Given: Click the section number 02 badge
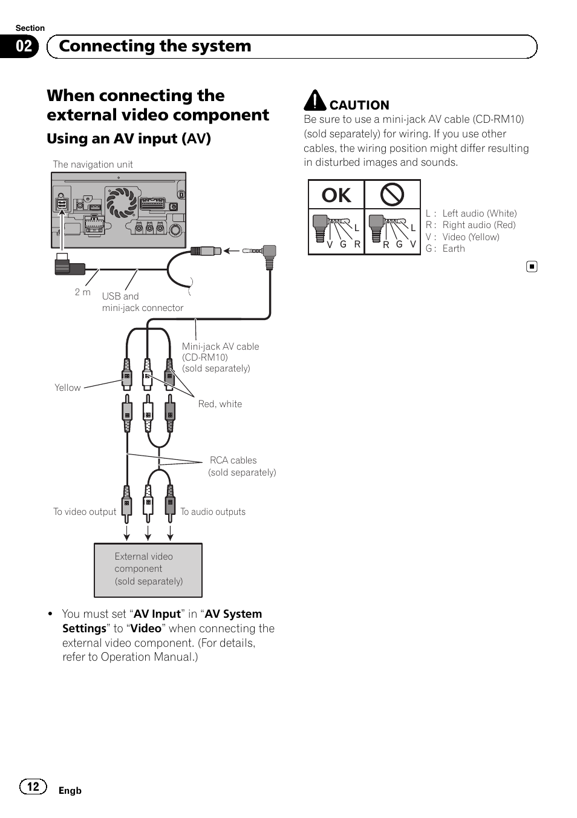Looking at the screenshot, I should (24, 47).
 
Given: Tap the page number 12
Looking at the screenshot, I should (33, 786).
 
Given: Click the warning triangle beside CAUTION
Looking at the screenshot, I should (315, 100).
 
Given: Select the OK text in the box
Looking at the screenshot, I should (336, 195).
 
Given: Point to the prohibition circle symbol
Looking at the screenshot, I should (392, 195).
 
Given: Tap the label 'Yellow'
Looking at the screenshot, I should (67, 388).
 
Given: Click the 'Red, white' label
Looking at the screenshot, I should (220, 404).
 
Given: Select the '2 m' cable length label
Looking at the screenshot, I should (83, 292).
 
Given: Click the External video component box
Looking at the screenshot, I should (148, 569).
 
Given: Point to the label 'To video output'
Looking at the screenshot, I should (85, 512).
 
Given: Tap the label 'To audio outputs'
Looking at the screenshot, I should (213, 512).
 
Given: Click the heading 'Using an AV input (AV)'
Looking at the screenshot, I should (129, 139).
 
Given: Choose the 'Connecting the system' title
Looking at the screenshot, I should (155, 47).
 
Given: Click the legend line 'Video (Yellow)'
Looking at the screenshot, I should (471, 237).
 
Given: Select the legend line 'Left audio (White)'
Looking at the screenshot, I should (479, 214).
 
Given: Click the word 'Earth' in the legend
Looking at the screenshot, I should (454, 249).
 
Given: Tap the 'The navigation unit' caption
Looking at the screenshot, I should (93, 165).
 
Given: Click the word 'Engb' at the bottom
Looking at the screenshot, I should (70, 791).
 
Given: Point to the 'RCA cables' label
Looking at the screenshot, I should (233, 460).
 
